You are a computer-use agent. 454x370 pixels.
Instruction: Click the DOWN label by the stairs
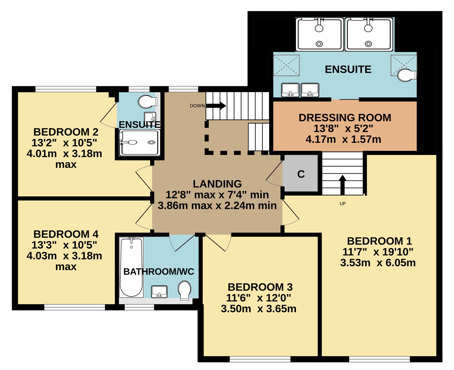tap(197, 106)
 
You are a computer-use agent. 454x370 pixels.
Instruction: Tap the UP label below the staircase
tap(342, 204)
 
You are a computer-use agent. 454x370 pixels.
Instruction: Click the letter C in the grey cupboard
tap(301, 174)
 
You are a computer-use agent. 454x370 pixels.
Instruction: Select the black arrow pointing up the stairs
tap(342, 185)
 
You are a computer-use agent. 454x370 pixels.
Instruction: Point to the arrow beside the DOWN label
tap(216, 105)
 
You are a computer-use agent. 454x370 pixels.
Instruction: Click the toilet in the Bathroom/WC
tap(184, 291)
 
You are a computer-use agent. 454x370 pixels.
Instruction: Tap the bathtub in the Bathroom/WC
tap(131, 267)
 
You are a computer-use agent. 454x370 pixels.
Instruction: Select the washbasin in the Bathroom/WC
tap(159, 292)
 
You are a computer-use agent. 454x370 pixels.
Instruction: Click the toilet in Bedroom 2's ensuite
tap(148, 102)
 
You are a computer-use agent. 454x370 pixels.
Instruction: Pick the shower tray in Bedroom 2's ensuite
tap(140, 143)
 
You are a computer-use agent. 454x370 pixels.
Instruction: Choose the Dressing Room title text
tap(345, 118)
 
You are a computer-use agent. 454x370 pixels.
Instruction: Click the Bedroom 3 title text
tap(260, 287)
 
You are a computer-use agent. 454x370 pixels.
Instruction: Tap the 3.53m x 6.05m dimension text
tap(378, 263)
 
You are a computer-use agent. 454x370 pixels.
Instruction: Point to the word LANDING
tap(217, 184)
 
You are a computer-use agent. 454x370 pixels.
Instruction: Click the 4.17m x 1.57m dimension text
tap(343, 140)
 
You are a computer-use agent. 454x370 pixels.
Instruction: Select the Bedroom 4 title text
tap(66, 234)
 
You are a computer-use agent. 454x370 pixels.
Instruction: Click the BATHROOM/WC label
tap(159, 272)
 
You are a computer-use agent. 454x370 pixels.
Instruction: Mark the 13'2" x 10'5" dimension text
tap(64, 143)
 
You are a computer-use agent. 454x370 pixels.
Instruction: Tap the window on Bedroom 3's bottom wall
tap(260, 359)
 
